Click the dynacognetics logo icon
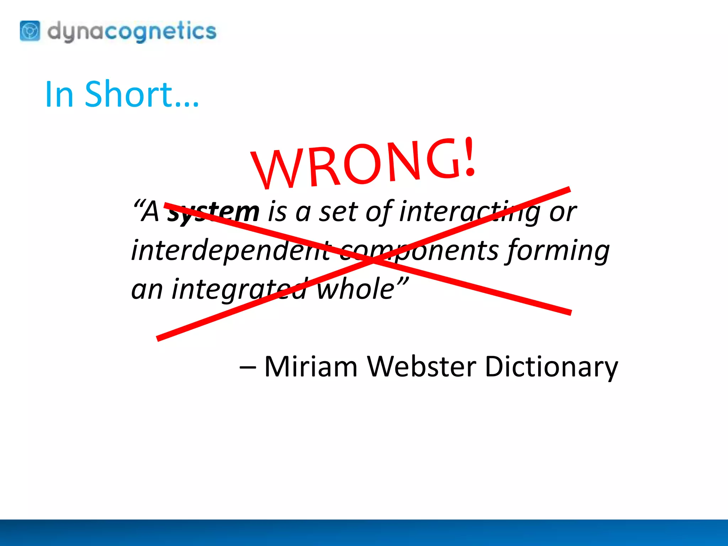coord(30,31)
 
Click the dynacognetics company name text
coord(132,31)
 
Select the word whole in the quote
coord(355,289)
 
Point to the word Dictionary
coord(551,367)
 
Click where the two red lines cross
coord(371,260)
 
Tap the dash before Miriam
coord(247,367)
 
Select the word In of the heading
coord(59,94)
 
